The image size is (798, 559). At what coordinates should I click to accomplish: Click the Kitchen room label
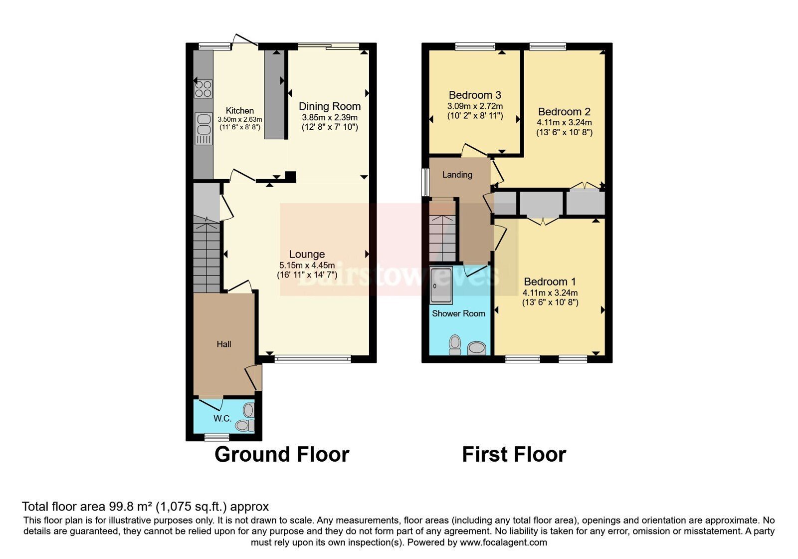point(240,111)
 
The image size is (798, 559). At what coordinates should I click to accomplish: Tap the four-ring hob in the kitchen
point(203,89)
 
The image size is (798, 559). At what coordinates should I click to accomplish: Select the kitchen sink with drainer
point(203,129)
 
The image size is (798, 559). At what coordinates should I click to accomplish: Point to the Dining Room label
point(330,106)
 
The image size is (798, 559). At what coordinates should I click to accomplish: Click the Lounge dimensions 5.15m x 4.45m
point(307,265)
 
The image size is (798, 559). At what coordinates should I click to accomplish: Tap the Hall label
point(224,344)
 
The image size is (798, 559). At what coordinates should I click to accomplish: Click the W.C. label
point(222,419)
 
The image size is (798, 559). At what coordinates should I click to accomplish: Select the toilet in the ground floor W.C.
point(245,425)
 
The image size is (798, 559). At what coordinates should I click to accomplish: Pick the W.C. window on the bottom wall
point(217,437)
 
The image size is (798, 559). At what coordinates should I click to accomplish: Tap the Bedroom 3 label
point(475,95)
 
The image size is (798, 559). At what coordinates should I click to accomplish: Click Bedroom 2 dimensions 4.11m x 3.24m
point(564,123)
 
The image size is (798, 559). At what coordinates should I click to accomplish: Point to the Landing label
point(457,175)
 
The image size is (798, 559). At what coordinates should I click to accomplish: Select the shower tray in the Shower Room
point(441,285)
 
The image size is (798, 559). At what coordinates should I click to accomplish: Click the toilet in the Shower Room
point(455,345)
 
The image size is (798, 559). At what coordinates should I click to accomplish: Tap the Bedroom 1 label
point(550,281)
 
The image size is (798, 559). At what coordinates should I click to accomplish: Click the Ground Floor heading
point(282,455)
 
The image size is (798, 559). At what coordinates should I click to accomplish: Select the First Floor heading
point(514,455)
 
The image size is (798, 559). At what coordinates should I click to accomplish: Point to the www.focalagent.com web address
point(503,543)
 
